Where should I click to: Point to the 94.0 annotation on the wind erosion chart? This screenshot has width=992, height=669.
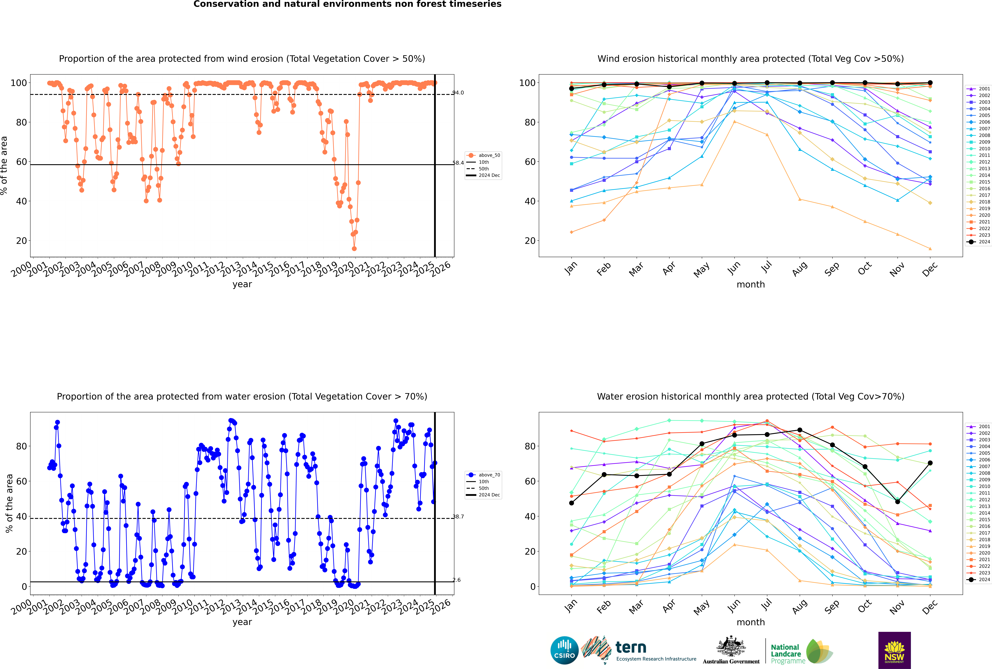tap(458, 93)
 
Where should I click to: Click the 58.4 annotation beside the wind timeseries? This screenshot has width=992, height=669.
tap(458, 163)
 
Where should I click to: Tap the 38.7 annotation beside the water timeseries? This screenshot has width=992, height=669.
tap(458, 517)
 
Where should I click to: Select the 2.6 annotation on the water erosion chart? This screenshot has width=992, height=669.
tap(457, 580)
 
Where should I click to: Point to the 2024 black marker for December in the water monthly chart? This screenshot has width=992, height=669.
tap(930, 463)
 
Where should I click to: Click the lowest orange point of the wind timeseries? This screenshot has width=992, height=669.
tap(354, 249)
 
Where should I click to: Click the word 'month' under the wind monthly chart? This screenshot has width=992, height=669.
tap(751, 285)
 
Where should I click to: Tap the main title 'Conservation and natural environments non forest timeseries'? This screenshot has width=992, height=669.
tap(347, 4)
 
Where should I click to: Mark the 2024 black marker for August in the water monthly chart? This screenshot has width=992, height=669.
tap(800, 430)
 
